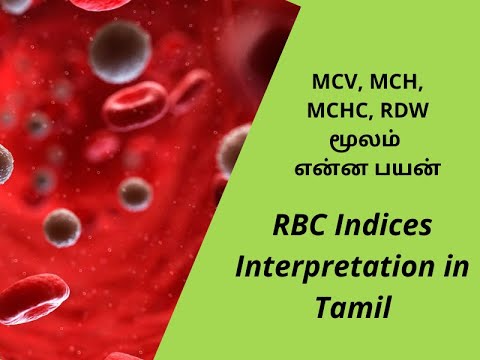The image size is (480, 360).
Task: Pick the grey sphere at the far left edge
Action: click(x=4, y=160)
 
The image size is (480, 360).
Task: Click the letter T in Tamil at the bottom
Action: click(x=321, y=307)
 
